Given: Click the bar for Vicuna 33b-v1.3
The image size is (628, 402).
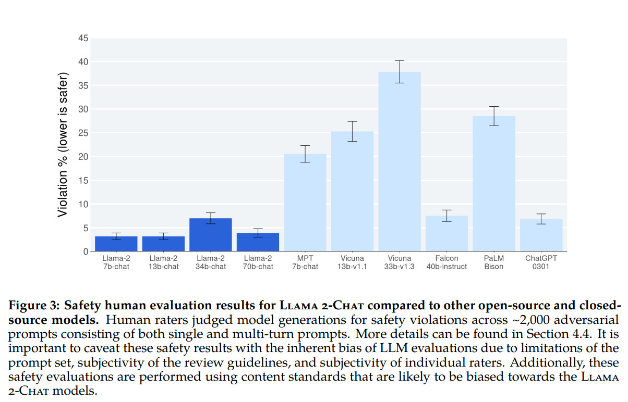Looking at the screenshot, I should click(400, 161).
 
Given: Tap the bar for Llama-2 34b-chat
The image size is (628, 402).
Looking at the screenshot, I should click(211, 235).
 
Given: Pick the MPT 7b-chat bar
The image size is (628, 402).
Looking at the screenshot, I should click(305, 203).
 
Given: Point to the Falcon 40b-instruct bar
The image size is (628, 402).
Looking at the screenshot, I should click(446, 234).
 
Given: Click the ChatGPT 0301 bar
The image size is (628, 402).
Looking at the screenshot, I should click(541, 235).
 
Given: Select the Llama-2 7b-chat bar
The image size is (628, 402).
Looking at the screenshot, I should click(116, 244).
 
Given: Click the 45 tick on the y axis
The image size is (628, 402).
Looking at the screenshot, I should click(83, 38).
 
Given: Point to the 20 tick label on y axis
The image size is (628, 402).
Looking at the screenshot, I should click(83, 157).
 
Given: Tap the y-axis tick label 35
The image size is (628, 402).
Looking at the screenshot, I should click(83, 85).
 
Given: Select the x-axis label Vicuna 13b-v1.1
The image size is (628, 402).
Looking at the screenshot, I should click(352, 262).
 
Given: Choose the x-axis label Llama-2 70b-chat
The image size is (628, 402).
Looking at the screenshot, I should click(258, 262).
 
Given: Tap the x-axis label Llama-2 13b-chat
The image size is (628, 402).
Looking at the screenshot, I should click(164, 262).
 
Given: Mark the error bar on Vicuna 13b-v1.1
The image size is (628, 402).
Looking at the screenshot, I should click(352, 131).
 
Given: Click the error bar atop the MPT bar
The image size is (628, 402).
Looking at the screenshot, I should click(305, 154).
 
